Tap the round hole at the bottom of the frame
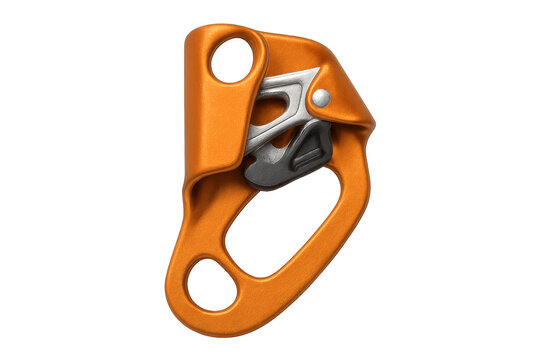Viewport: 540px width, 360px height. point(211,284)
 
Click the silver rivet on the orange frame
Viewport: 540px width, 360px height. point(321,98)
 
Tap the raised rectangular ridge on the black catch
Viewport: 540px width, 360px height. point(309,153)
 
